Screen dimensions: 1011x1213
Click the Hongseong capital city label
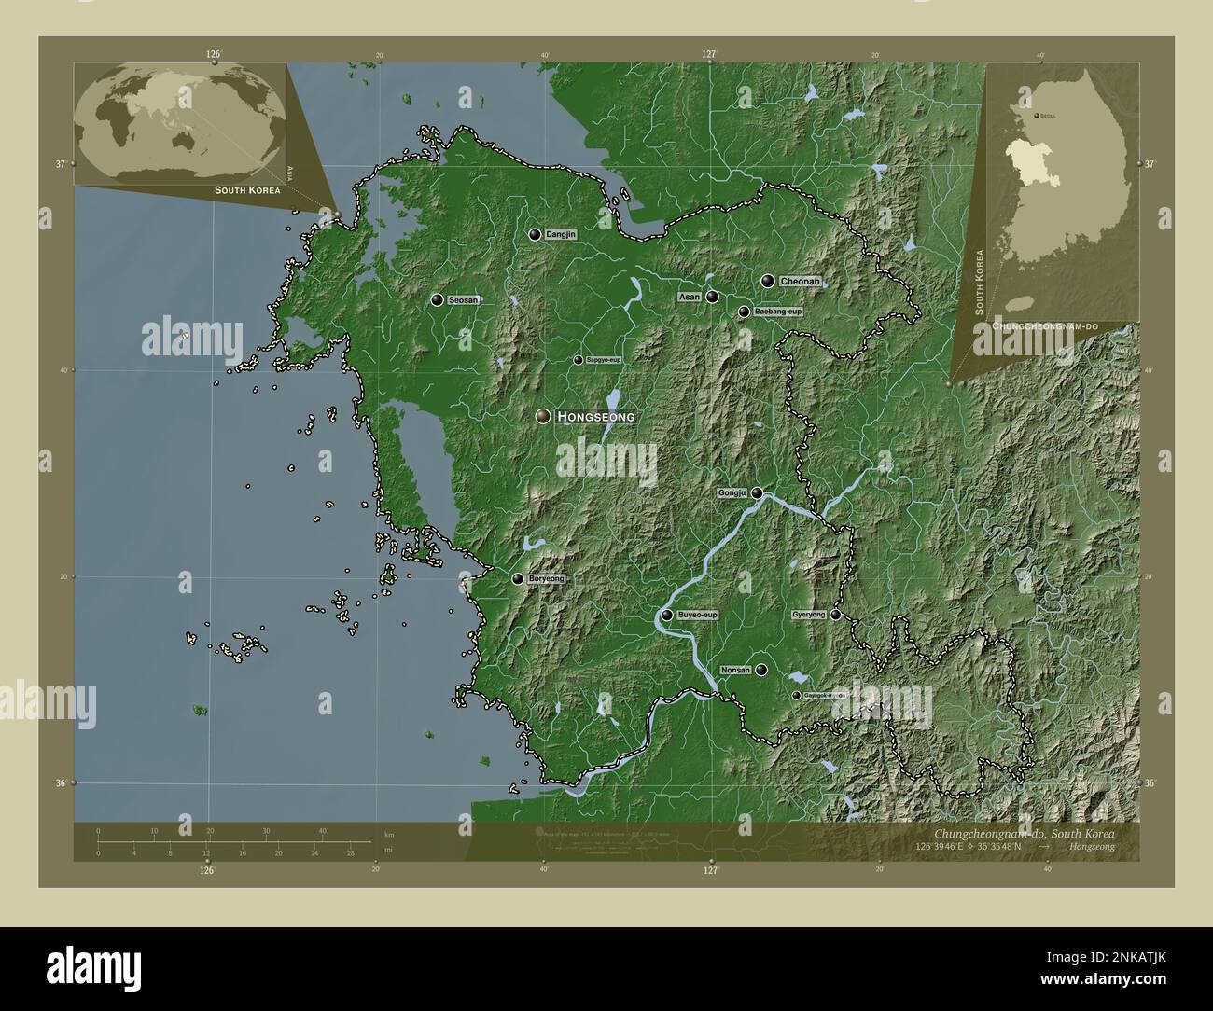pos(595,417)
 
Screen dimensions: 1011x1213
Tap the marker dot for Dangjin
pos(535,235)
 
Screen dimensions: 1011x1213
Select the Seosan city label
pos(464,300)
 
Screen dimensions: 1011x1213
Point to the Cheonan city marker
pos(768,281)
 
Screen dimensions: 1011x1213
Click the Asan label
pos(690,297)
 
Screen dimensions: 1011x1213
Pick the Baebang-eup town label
pos(778,312)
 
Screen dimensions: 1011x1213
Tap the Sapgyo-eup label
pos(604,360)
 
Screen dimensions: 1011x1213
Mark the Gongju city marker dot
pos(758,492)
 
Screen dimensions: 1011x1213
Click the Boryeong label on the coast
pos(546,579)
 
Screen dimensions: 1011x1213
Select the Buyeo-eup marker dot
pos(667,615)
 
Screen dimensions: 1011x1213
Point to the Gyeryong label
pos(808,615)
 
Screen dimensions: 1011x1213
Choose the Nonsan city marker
pos(762,669)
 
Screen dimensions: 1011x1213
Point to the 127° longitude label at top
pos(709,54)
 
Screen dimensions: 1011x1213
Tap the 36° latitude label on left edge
pos(61,783)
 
